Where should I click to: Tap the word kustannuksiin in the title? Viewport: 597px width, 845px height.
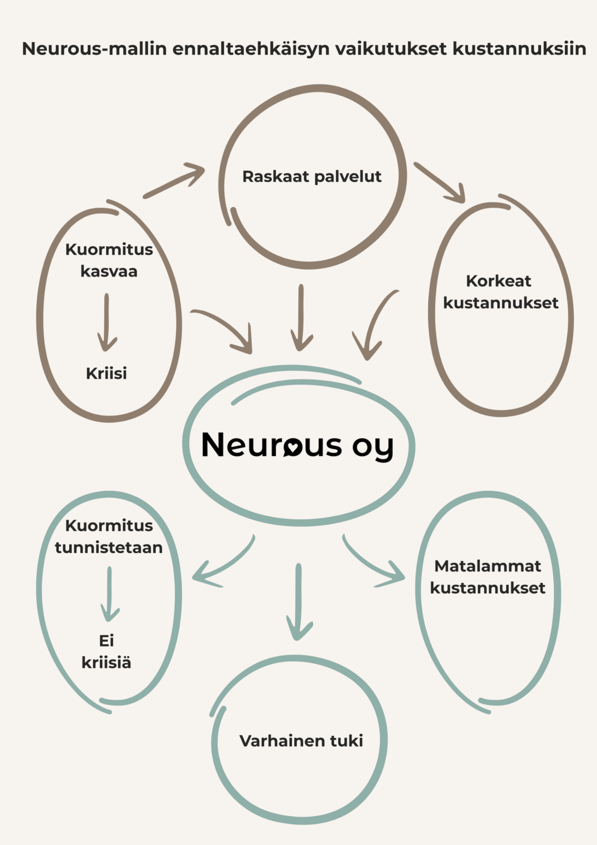(x=519, y=48)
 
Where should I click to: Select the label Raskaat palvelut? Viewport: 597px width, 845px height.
(x=311, y=176)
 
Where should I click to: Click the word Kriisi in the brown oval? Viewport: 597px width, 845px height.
(x=106, y=373)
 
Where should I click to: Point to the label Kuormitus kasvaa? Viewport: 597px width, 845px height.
(x=109, y=260)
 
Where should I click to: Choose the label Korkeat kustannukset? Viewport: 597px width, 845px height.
(x=500, y=291)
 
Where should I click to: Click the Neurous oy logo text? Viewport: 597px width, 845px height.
(x=297, y=445)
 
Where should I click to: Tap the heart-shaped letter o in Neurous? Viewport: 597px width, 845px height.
(x=293, y=446)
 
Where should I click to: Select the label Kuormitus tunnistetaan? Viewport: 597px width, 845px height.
(x=109, y=536)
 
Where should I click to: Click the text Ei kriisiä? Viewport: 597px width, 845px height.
(x=106, y=651)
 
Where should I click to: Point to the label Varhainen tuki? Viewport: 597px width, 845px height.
(x=301, y=741)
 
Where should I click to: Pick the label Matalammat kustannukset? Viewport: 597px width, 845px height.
(x=487, y=577)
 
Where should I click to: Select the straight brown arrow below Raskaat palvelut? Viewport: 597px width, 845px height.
(x=301, y=317)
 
